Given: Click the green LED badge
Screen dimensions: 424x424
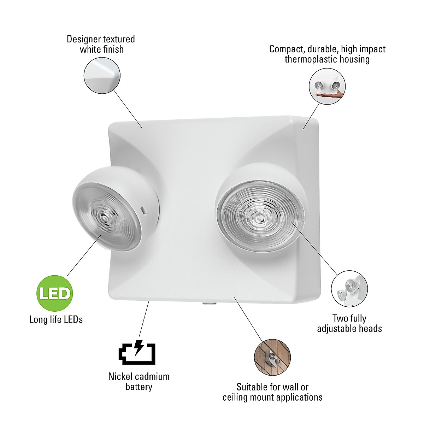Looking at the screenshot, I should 55,293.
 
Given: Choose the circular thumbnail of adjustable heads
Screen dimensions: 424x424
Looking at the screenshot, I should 349,288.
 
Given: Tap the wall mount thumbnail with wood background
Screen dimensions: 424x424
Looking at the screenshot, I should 272,357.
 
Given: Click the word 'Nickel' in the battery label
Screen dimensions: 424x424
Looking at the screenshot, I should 120,377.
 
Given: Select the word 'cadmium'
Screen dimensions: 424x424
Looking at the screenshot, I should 153,377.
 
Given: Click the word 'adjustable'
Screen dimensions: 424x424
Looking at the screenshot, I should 337,329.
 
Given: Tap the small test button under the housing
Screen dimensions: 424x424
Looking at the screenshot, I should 209,302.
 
